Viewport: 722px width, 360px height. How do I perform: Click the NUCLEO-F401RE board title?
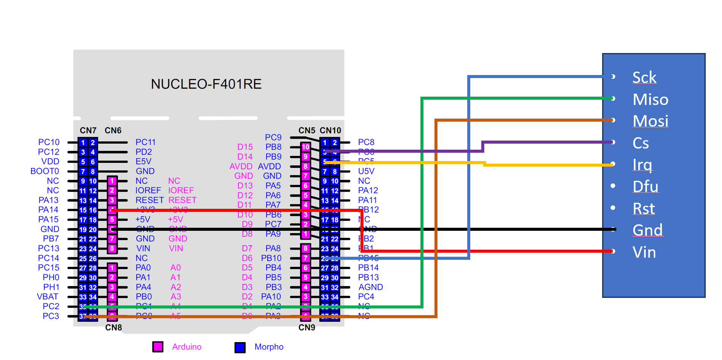[x=206, y=84]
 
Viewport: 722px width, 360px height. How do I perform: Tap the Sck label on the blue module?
[x=644, y=77]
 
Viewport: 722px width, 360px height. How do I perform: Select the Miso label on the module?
[x=650, y=99]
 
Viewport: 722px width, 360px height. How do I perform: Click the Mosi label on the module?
[x=650, y=121]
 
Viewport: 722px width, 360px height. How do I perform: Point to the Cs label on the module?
[x=640, y=143]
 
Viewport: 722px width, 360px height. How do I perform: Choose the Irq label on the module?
[x=642, y=165]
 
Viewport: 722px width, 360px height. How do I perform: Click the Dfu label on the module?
[x=645, y=186]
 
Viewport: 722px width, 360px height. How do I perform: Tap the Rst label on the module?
[x=644, y=208]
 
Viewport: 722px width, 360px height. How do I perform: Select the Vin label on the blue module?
[x=644, y=252]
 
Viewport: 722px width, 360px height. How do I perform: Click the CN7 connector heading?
[x=88, y=130]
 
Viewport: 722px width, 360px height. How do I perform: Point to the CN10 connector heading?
[x=330, y=130]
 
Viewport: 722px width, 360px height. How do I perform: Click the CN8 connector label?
[x=113, y=327]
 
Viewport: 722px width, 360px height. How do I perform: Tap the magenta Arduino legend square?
[x=158, y=347]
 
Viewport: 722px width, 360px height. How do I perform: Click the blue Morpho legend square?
[x=240, y=347]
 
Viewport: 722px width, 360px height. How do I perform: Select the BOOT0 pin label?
[x=45, y=171]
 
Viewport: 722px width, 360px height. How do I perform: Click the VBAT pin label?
[x=47, y=297]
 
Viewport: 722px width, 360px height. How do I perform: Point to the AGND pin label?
[x=370, y=287]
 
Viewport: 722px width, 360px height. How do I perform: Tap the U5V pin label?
[x=366, y=171]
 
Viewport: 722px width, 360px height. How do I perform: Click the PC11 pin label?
[x=146, y=142]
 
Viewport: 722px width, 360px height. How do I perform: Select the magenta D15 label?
[x=245, y=147]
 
